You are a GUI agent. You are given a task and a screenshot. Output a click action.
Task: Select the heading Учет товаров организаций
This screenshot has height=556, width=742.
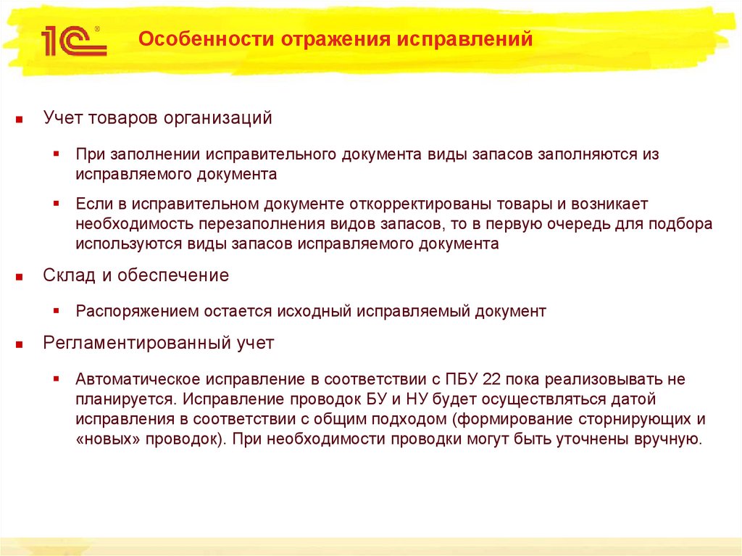tap(157, 117)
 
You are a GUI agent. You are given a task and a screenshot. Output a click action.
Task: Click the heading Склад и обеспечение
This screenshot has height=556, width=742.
tap(136, 275)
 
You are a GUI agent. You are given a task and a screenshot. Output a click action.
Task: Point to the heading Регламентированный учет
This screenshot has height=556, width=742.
tap(158, 343)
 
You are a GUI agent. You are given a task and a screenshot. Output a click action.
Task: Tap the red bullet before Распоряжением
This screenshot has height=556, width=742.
tap(57, 312)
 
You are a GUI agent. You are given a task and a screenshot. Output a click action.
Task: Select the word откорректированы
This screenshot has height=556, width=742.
tap(407, 204)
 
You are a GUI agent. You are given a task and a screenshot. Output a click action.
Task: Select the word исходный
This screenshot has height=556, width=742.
tap(312, 312)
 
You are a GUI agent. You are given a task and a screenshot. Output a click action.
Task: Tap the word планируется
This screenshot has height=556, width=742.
tap(123, 399)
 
